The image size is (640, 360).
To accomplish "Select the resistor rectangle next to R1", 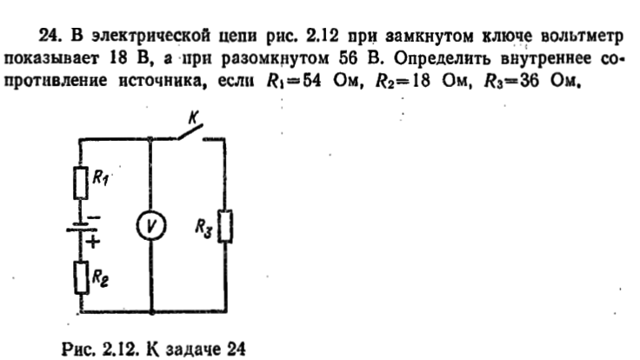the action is [x=80, y=183].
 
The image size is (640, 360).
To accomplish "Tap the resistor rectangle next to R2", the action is [x=81, y=277].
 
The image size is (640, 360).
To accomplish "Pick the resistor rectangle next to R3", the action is [x=225, y=227].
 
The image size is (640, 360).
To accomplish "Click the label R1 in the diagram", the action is [x=101, y=177].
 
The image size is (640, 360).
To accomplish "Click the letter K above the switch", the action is [x=193, y=117].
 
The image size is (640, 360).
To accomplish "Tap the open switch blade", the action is [x=190, y=132].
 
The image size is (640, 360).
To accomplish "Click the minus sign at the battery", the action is [x=94, y=217].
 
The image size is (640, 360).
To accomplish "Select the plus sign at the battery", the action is [x=93, y=242].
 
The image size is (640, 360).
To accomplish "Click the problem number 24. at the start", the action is [x=50, y=36].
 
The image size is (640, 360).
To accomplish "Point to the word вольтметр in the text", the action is [x=582, y=37].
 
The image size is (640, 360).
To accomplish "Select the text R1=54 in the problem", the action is [x=293, y=80].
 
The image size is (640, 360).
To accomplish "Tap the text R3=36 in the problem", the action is [x=511, y=80].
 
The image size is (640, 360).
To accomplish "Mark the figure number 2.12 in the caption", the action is [x=121, y=350].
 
